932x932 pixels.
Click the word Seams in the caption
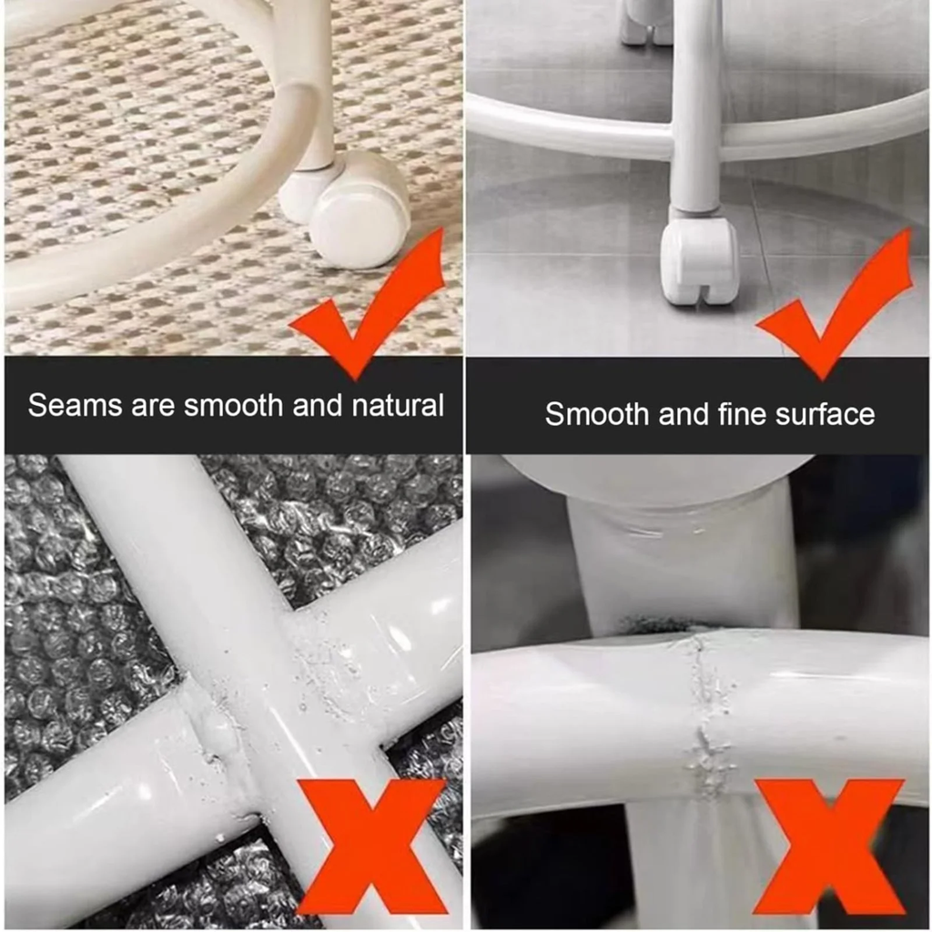(75, 406)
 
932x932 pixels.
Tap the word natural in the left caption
(398, 405)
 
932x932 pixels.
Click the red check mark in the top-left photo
(369, 304)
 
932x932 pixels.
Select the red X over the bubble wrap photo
(371, 846)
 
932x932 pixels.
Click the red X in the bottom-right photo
(830, 846)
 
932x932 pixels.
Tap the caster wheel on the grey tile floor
(699, 260)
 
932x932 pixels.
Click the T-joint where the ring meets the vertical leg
(694, 136)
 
